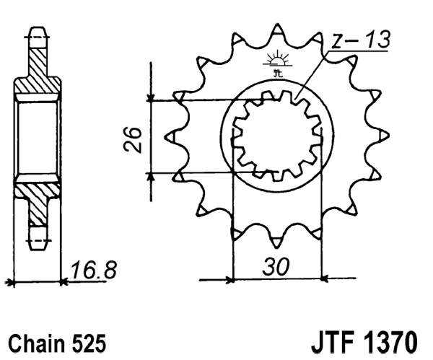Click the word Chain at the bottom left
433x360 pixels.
[x=35, y=341]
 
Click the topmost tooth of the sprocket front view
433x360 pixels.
[x=276, y=33]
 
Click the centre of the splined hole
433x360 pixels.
[x=276, y=135]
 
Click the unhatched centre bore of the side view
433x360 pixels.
[x=38, y=137]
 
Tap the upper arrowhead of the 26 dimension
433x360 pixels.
[x=150, y=97]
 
